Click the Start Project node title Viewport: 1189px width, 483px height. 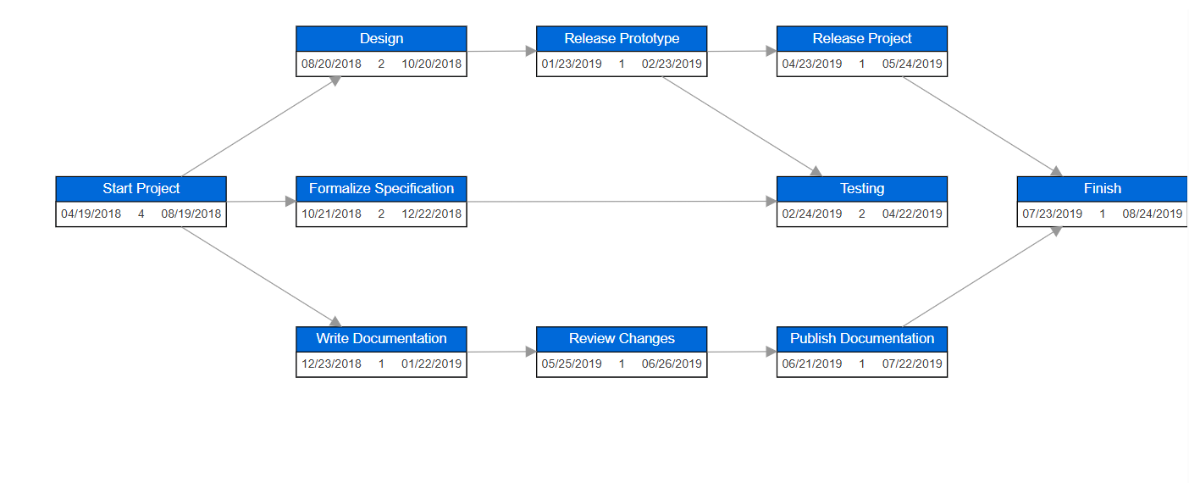click(141, 189)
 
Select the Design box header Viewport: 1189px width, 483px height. click(381, 39)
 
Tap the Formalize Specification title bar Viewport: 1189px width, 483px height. click(381, 189)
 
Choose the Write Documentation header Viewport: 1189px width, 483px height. click(381, 339)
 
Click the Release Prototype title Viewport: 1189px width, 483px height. click(622, 39)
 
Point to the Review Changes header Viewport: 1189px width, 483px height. click(622, 339)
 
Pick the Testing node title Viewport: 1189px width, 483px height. click(862, 189)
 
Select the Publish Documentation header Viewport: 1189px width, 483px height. click(862, 339)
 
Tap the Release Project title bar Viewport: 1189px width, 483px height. click(862, 39)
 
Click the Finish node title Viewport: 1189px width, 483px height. click(1102, 189)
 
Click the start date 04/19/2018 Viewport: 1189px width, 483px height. click(91, 214)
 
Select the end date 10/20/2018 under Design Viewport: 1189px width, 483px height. click(432, 64)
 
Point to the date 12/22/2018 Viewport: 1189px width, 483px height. click(432, 214)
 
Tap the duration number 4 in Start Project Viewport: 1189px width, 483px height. click(141, 214)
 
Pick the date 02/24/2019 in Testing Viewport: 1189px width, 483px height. click(812, 214)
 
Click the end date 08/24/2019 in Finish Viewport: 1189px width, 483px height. click(1153, 214)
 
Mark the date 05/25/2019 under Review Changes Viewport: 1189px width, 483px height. click(572, 364)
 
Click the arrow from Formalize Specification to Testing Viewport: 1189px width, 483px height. click(622, 202)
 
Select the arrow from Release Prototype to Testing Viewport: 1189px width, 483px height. click(742, 126)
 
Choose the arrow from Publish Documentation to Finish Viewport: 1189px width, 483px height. click(982, 276)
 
